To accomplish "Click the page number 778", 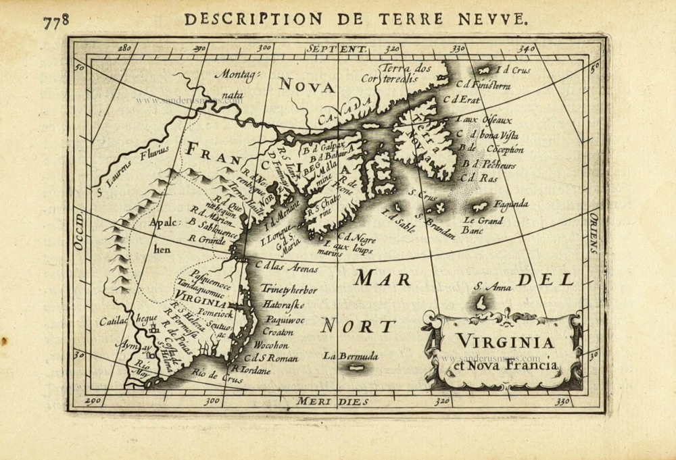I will [x=56, y=20].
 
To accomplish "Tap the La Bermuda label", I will [x=350, y=355].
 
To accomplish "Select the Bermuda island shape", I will [x=356, y=367].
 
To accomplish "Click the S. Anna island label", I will [x=492, y=287].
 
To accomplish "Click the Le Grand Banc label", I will [x=483, y=225].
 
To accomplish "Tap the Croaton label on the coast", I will [x=278, y=332].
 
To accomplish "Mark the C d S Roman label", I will [x=271, y=358].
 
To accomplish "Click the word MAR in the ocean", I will [x=383, y=278].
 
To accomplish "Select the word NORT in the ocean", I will [x=358, y=326].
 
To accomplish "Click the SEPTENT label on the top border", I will [x=336, y=49].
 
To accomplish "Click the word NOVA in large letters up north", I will [x=307, y=86].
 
